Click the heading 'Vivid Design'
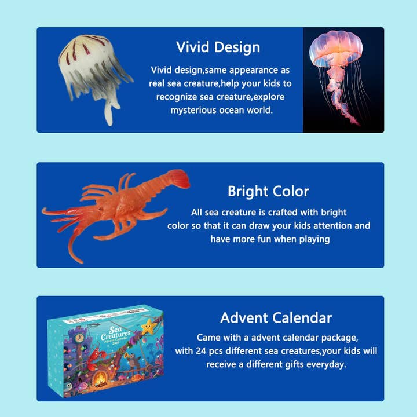coord(218,47)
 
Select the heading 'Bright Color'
coord(268,191)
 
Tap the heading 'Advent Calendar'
coord(276,318)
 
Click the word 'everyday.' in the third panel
coord(326,364)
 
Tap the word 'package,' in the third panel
coord(341,337)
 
